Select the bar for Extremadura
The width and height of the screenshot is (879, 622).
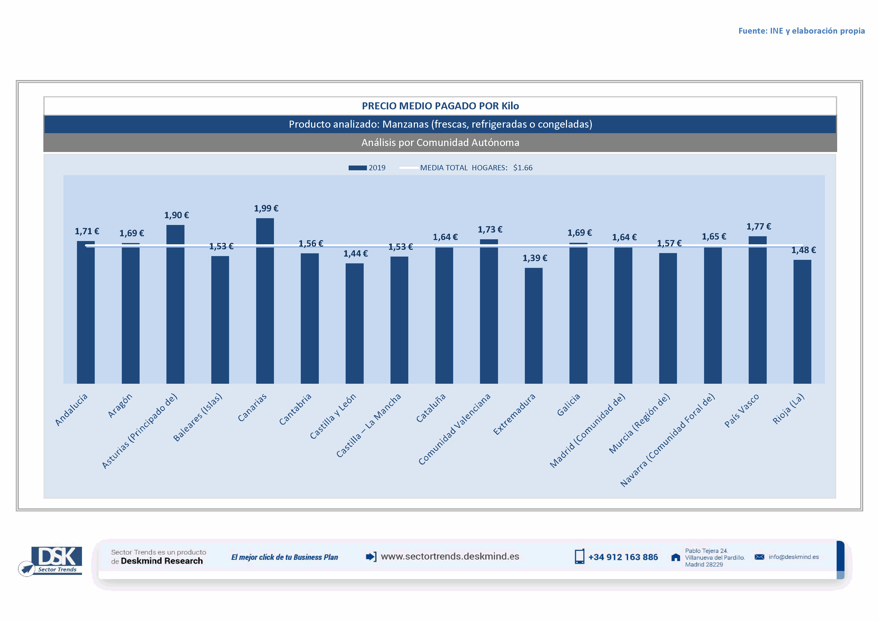pos(533,326)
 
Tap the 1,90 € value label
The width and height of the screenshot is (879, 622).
pos(176,215)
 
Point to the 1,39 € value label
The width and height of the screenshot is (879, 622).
pos(535,258)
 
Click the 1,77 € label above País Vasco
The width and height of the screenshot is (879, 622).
pos(758,227)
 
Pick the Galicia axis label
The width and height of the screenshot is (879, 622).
pos(568,405)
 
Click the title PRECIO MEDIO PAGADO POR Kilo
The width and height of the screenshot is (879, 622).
pos(440,106)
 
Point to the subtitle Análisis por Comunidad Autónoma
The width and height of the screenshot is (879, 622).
pos(440,142)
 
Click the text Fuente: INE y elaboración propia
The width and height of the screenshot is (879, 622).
pos(801,31)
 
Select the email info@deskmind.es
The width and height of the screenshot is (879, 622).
pos(793,557)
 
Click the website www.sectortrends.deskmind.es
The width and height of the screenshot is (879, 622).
pos(450,557)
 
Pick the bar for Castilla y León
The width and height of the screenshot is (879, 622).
pos(354,323)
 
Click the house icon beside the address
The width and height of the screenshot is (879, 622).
pos(676,557)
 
